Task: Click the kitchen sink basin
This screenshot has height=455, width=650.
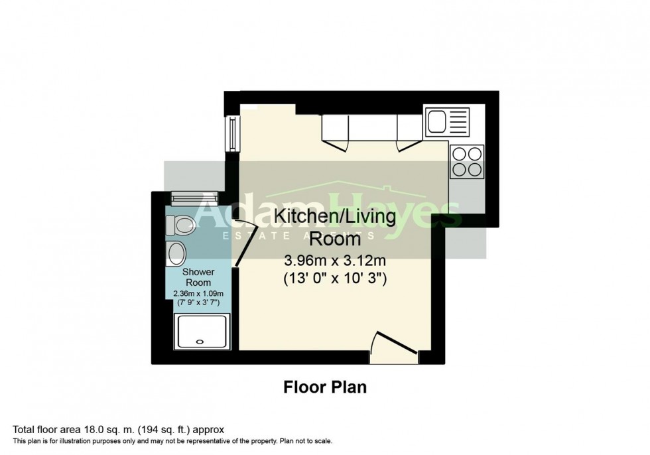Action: (x=437, y=122)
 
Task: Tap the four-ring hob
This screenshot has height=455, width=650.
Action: (x=466, y=161)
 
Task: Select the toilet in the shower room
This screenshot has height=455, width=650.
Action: (x=180, y=226)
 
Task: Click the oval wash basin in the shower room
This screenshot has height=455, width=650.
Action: (x=177, y=253)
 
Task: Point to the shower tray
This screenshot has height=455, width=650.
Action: (x=202, y=332)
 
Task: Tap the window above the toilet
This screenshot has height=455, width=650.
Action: (x=194, y=197)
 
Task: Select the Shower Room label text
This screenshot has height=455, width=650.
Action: (x=198, y=277)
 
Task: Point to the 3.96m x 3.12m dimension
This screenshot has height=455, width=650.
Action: (x=335, y=261)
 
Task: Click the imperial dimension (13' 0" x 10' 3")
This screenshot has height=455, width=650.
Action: (x=335, y=279)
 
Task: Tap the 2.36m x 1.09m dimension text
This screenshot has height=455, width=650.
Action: (x=198, y=294)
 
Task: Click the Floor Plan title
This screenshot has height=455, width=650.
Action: (x=325, y=387)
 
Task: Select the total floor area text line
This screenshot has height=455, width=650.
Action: (x=123, y=430)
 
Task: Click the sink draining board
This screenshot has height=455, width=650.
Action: (x=458, y=122)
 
